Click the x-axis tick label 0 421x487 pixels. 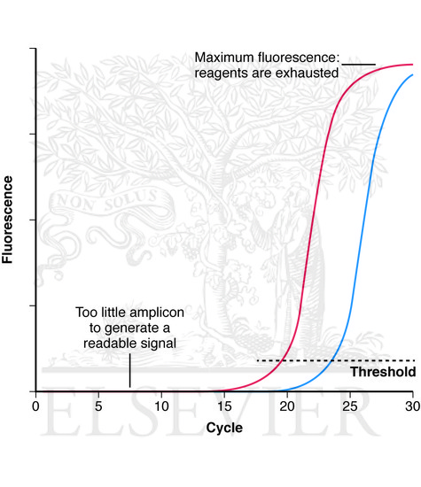tap(35, 406)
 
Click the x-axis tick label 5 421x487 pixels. tap(98, 406)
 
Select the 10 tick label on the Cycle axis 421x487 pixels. tap(161, 406)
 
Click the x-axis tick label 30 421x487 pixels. tap(410, 406)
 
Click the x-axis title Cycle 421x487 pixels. tap(223, 427)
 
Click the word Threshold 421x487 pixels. tap(383, 372)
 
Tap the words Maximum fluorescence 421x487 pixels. tap(267, 58)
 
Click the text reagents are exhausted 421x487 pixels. tap(267, 73)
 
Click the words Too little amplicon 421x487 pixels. tap(126, 313)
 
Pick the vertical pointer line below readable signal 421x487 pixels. tap(129, 370)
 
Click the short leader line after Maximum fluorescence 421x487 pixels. tap(359, 65)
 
